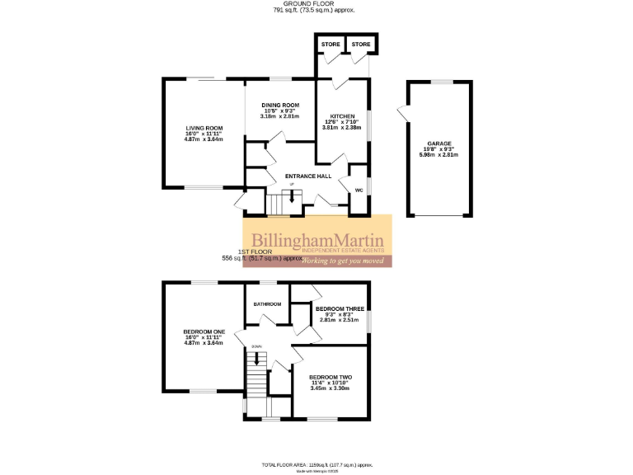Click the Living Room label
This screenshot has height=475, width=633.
204,128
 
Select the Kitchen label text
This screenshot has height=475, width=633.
342,116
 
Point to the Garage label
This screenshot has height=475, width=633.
438,143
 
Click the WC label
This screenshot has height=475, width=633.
359,190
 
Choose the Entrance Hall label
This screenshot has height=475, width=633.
307,176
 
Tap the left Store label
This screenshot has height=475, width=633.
331,44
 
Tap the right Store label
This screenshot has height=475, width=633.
361,44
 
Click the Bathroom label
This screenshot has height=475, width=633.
267,304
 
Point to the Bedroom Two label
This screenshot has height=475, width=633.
330,377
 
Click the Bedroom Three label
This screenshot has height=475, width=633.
339,308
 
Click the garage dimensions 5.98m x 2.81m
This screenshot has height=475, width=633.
438,154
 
